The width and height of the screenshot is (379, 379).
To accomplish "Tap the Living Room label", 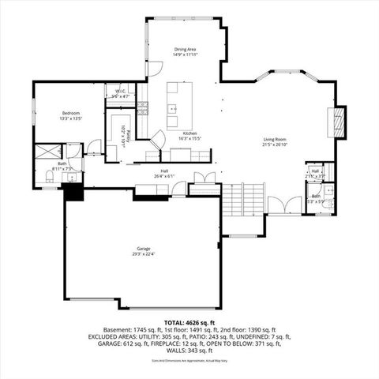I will coord(275,140).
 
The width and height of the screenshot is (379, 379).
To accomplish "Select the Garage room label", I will coord(143,248).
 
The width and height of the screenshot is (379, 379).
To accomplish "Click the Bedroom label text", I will coord(71,114).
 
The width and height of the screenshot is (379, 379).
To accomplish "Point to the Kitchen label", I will coord(190,133).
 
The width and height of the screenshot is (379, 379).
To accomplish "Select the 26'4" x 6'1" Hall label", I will coord(164,171).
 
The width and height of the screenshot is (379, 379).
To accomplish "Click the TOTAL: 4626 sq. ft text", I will coord(189,321).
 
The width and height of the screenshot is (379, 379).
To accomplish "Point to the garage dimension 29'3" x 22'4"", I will coord(143,254).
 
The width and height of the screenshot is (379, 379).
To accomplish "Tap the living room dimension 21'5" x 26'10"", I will coord(275,146).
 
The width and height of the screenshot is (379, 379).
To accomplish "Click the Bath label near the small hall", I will coord(316,196).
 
